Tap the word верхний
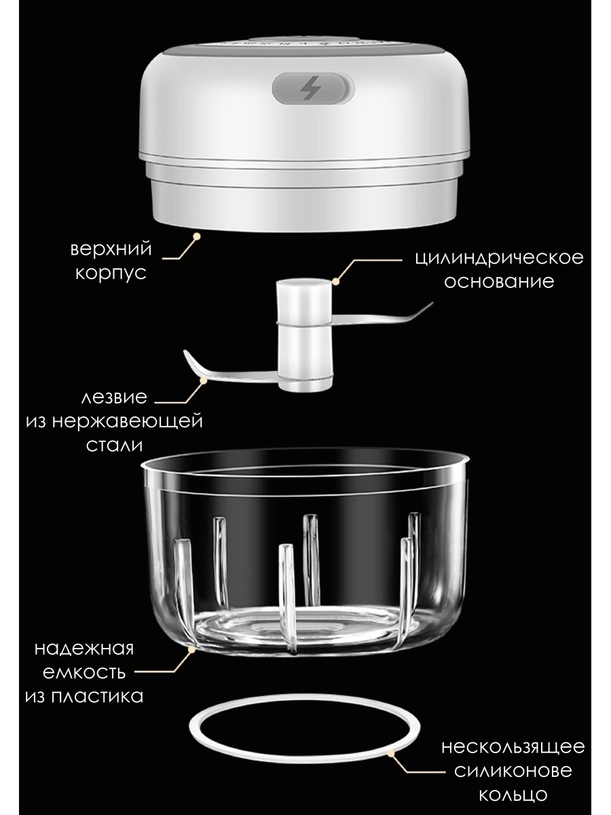(111, 249)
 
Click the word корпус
(111, 274)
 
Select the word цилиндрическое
(499, 257)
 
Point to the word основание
(499, 281)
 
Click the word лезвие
(114, 398)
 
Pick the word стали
(114, 446)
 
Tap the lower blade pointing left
(231, 371)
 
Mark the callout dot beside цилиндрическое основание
(336, 281)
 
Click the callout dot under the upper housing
(197, 236)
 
